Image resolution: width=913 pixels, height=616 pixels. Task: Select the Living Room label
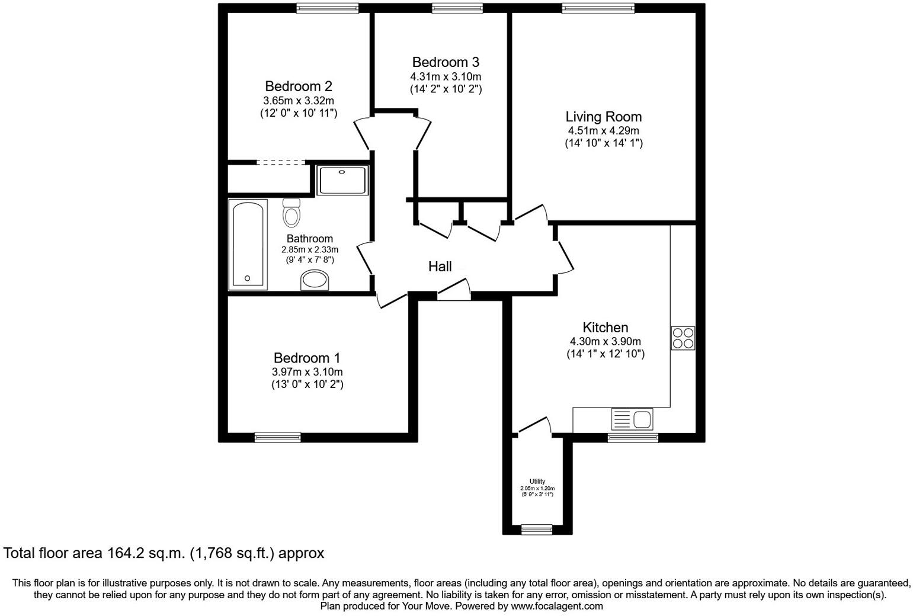[603, 117]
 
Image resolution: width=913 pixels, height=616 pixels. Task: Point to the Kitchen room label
[605, 327]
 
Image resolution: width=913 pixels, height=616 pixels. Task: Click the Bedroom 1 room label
[307, 358]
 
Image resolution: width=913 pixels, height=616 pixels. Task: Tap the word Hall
[440, 267]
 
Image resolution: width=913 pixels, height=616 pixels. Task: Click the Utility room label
[537, 482]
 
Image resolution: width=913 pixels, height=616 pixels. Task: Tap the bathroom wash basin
[315, 280]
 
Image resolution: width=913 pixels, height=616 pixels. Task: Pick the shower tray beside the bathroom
[342, 180]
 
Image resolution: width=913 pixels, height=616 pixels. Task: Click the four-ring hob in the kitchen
[683, 338]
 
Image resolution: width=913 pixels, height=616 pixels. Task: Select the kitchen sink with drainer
[632, 419]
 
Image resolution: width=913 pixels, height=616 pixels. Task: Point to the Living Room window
[598, 8]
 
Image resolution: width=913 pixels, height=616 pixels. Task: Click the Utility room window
[537, 530]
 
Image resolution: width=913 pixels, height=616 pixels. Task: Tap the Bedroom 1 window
[277, 438]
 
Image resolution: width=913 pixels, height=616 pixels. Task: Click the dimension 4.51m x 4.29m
[603, 131]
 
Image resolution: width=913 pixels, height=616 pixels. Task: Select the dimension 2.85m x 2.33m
[310, 250]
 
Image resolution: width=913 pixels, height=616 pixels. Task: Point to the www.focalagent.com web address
[556, 606]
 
